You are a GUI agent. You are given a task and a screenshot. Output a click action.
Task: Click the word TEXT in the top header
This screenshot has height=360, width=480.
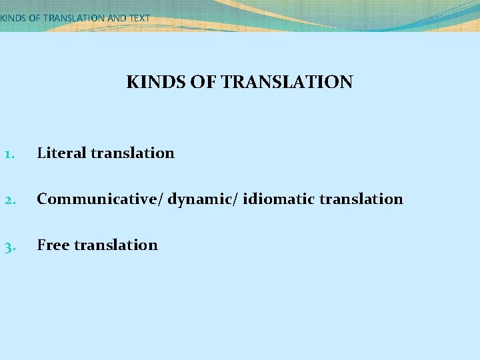click(139, 18)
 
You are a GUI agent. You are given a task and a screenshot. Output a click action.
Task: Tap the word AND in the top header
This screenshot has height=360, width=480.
click(117, 18)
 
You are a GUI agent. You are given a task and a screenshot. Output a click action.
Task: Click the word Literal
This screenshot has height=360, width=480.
click(62, 153)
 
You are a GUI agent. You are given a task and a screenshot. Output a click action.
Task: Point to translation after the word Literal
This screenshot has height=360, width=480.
click(133, 153)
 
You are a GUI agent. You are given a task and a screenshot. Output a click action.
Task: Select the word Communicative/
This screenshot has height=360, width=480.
click(100, 199)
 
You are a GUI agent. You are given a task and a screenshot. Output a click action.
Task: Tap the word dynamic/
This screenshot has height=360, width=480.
click(203, 199)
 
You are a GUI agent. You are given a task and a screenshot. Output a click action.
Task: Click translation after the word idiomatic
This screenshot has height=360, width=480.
click(362, 199)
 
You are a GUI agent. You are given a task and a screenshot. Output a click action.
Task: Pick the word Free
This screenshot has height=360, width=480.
click(53, 245)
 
